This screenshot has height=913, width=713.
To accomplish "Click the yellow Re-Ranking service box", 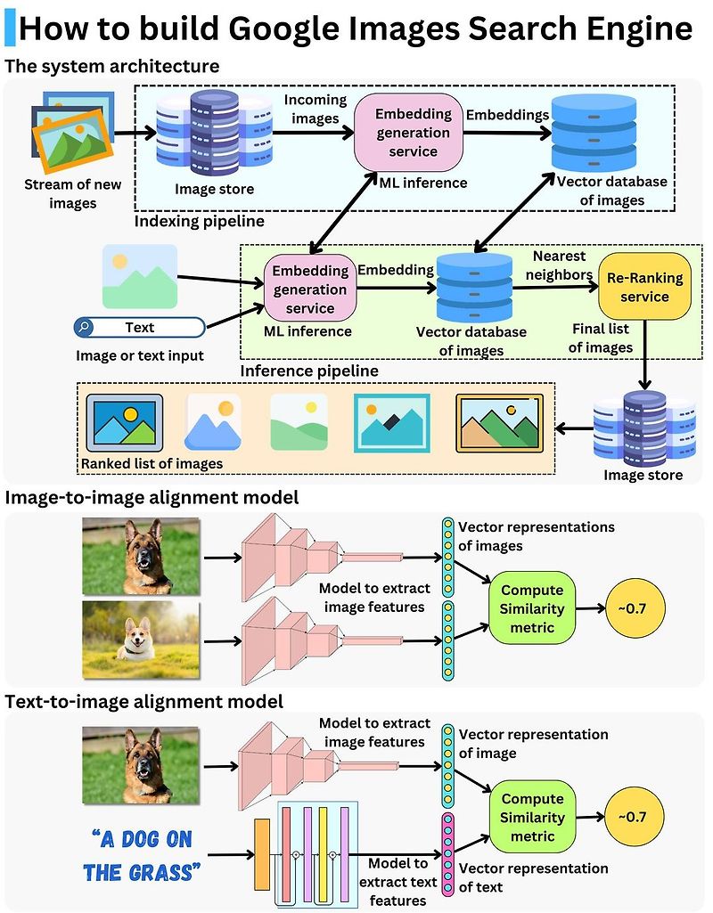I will (644, 287).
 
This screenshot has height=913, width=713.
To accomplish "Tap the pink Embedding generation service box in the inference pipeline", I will (310, 289).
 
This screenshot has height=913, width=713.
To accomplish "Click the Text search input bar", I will (139, 328).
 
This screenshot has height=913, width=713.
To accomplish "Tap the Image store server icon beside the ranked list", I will (644, 427).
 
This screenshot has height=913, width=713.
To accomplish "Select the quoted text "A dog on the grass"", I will (142, 854).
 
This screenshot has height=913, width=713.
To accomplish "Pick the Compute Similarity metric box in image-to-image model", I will (532, 609).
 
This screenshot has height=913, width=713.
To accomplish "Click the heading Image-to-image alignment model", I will (152, 497).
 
